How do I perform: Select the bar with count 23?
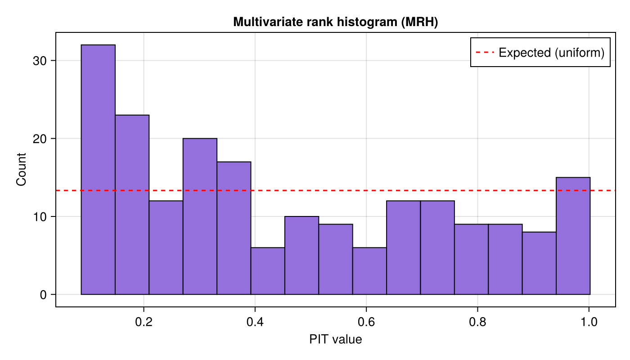pos(132,205)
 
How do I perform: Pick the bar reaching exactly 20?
pos(200,216)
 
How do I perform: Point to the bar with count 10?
pos(301,255)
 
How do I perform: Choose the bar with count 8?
pos(539,263)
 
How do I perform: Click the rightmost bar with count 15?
pos(573,236)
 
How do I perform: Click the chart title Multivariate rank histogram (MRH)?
pos(335,22)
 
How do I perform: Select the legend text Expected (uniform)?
pos(551,53)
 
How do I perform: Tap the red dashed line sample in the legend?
pos(485,53)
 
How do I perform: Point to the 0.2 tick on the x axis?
pos(144,323)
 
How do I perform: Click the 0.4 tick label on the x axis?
pos(255,323)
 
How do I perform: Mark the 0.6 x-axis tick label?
pos(366,323)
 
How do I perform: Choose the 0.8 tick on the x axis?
pos(477,323)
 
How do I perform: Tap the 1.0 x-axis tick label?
pos(589,323)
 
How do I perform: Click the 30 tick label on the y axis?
pos(40,61)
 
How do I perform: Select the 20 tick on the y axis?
pos(40,139)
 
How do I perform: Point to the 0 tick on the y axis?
pos(43,295)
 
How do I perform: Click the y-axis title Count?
pos(21,169)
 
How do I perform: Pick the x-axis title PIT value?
pos(335,340)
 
